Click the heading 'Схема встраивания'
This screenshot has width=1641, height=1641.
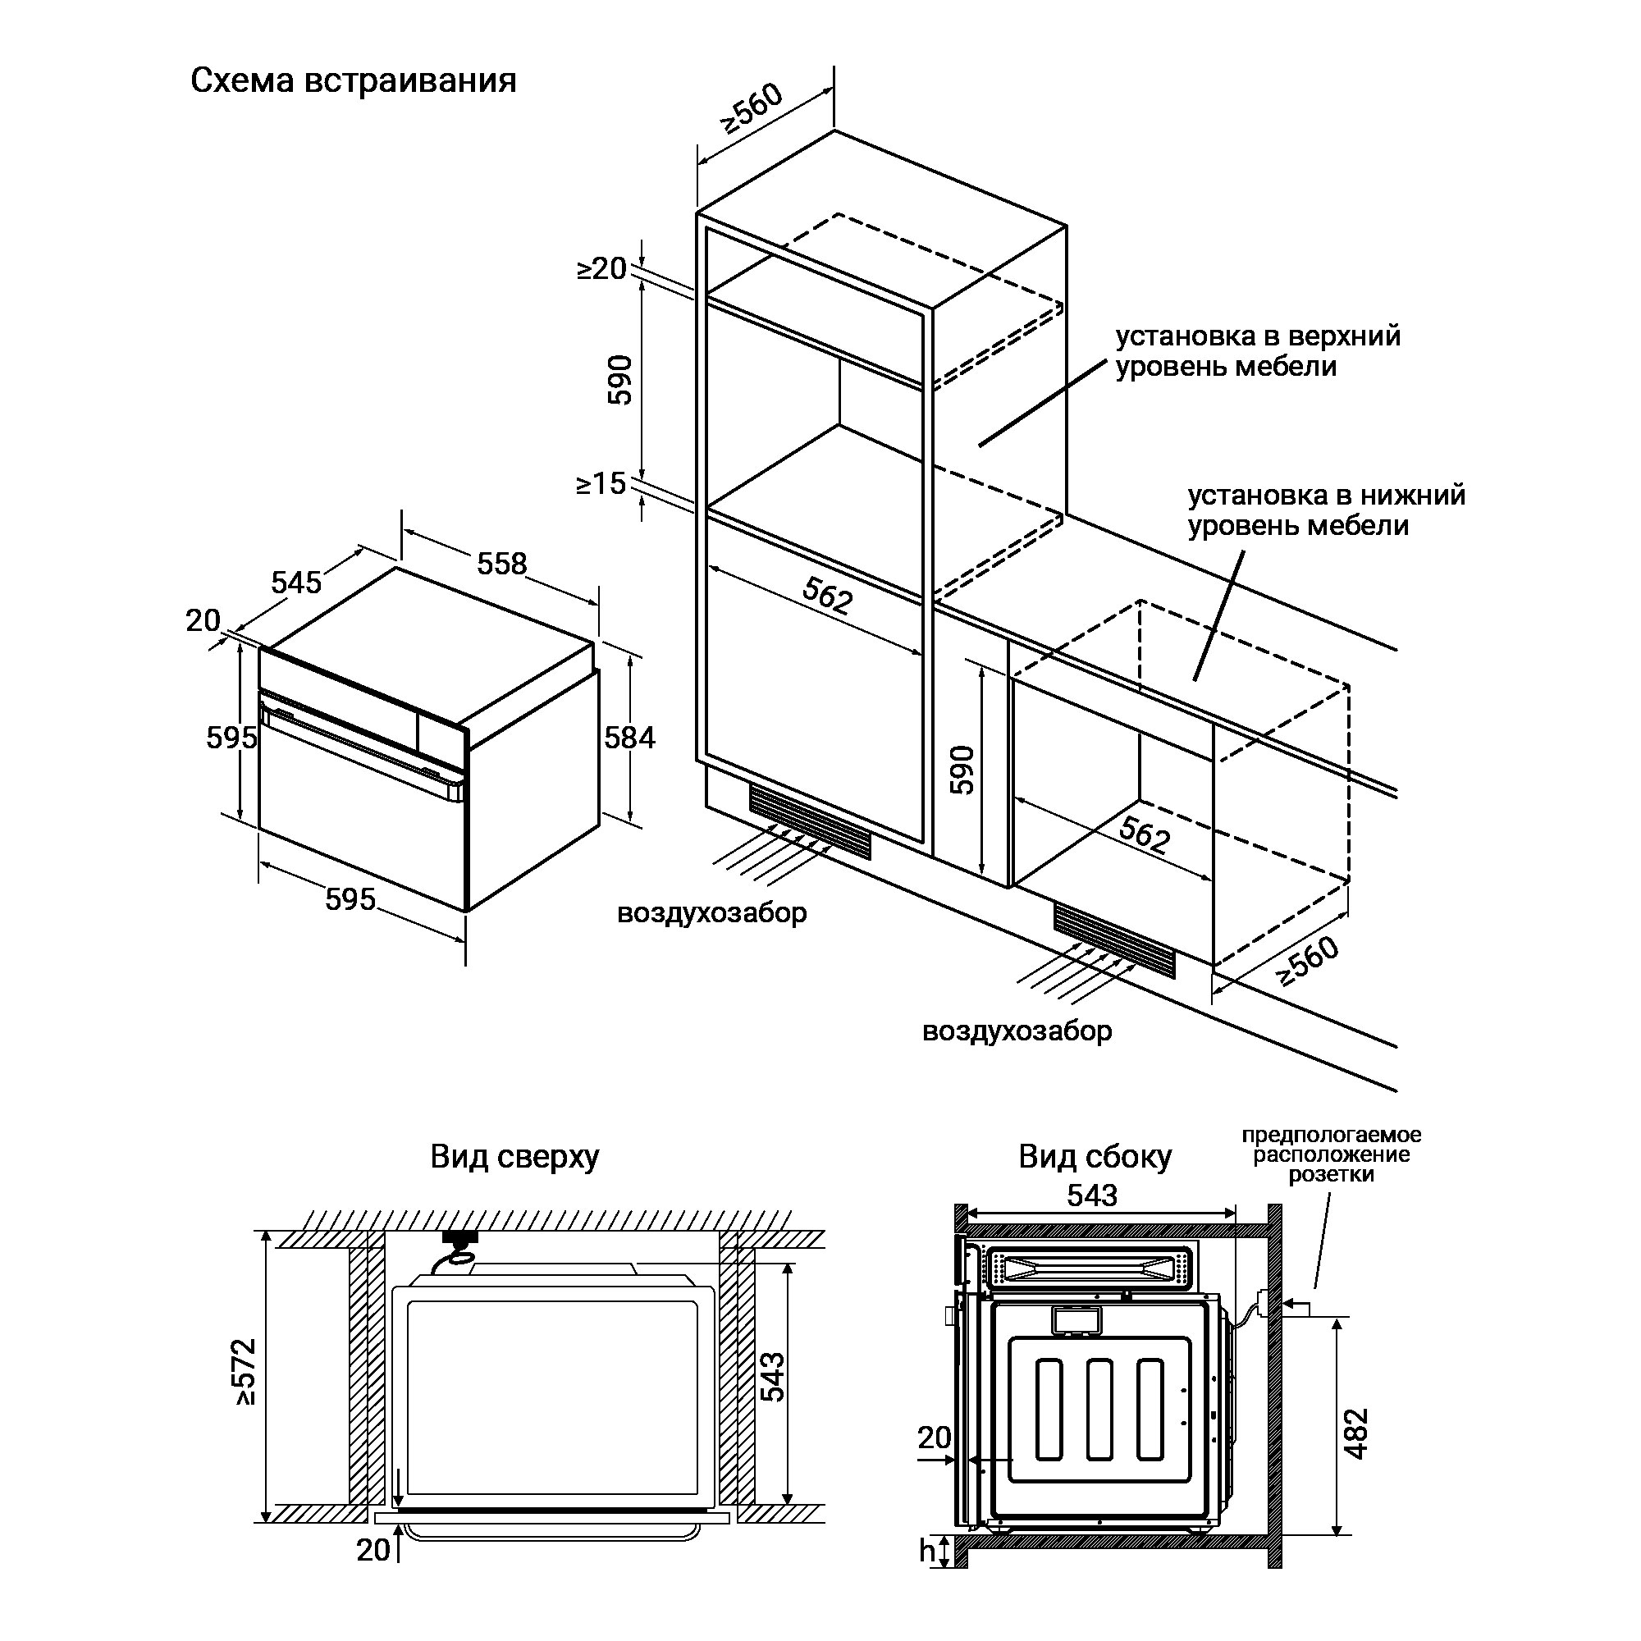coord(354,80)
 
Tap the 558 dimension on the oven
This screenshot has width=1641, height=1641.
coord(502,563)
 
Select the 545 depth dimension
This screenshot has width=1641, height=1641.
coord(296,582)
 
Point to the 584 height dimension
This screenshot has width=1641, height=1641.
coord(629,737)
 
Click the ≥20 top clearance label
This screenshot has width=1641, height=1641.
coord(601,268)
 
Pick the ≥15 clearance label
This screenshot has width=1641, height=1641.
coord(601,483)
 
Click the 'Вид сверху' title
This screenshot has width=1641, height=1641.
coord(514,1156)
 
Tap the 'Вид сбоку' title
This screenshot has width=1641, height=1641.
coord(1095,1156)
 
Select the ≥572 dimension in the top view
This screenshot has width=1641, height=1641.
coord(245,1371)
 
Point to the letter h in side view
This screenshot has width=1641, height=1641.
coord(926,1574)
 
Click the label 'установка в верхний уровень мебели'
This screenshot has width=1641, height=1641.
coord(1257,351)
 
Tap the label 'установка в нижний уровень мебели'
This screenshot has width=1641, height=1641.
coord(1326,510)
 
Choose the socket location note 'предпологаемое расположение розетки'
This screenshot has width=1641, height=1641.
coord(1331,1155)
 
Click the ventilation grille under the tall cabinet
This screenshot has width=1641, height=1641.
coord(810,820)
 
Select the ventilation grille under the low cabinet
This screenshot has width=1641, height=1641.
coord(1114,939)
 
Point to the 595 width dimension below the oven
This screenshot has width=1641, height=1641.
coord(350,898)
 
